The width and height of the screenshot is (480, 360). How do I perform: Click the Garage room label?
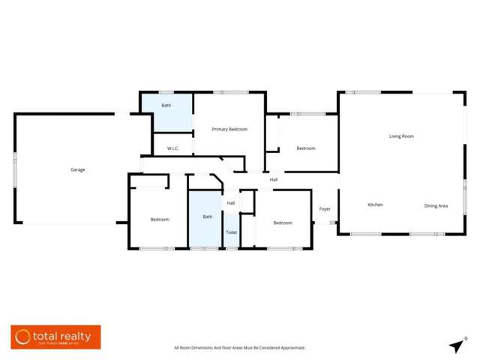(x=77, y=169)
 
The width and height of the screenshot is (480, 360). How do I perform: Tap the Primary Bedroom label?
(x=229, y=129)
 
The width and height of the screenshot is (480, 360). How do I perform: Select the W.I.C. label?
(x=172, y=148)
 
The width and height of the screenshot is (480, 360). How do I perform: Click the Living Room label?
(x=401, y=136)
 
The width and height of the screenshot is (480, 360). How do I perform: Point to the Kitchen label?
(x=375, y=205)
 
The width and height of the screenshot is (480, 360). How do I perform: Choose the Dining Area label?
(x=436, y=205)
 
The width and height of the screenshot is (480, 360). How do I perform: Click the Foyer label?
(x=325, y=208)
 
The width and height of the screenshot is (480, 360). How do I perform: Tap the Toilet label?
(x=231, y=232)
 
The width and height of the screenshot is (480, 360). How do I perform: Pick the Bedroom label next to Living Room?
(x=306, y=148)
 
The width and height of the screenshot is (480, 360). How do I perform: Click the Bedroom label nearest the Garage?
(x=160, y=219)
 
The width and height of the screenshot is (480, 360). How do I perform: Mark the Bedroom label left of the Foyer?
(x=283, y=223)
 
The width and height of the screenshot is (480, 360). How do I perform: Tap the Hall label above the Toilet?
(x=231, y=203)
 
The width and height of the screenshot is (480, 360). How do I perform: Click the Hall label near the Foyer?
(x=274, y=180)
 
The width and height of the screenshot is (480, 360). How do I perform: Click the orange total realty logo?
(x=55, y=337)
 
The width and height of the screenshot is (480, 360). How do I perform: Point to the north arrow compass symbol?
(x=456, y=345)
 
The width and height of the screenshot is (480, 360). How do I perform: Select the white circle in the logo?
(x=23, y=337)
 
